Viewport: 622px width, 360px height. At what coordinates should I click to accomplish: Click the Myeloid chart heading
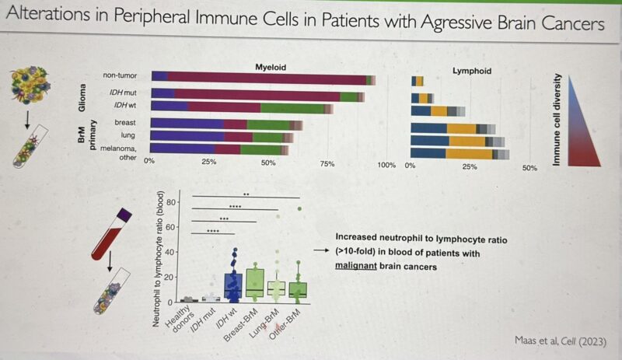coord(271,67)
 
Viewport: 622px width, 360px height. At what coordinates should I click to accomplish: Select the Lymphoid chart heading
coord(472,71)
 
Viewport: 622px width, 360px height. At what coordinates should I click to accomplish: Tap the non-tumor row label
coord(120,75)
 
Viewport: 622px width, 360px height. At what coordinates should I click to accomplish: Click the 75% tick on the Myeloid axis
coord(327,163)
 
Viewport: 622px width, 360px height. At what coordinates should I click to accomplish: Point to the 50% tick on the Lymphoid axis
coord(529,168)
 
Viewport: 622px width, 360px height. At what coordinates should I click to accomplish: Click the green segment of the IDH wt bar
coord(292,108)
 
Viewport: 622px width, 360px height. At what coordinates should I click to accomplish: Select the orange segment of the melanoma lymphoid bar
coord(469,154)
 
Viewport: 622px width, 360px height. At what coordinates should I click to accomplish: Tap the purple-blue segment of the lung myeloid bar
coord(187,137)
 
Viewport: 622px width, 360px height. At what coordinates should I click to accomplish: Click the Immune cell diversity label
coord(556,120)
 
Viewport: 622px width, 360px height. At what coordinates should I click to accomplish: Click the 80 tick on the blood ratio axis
coord(170,202)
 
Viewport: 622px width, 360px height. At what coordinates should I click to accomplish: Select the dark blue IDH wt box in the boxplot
coord(233,285)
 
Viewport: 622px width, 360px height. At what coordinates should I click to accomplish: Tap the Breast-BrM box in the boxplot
coord(255,283)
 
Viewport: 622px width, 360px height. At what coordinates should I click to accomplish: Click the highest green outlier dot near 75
coord(299,209)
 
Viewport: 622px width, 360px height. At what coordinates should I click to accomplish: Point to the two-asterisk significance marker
coord(246,194)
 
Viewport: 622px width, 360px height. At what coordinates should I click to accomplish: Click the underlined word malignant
coord(356,266)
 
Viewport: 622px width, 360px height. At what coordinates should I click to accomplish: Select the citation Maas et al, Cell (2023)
coord(560,341)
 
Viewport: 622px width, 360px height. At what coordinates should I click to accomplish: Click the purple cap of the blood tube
coord(124,215)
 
